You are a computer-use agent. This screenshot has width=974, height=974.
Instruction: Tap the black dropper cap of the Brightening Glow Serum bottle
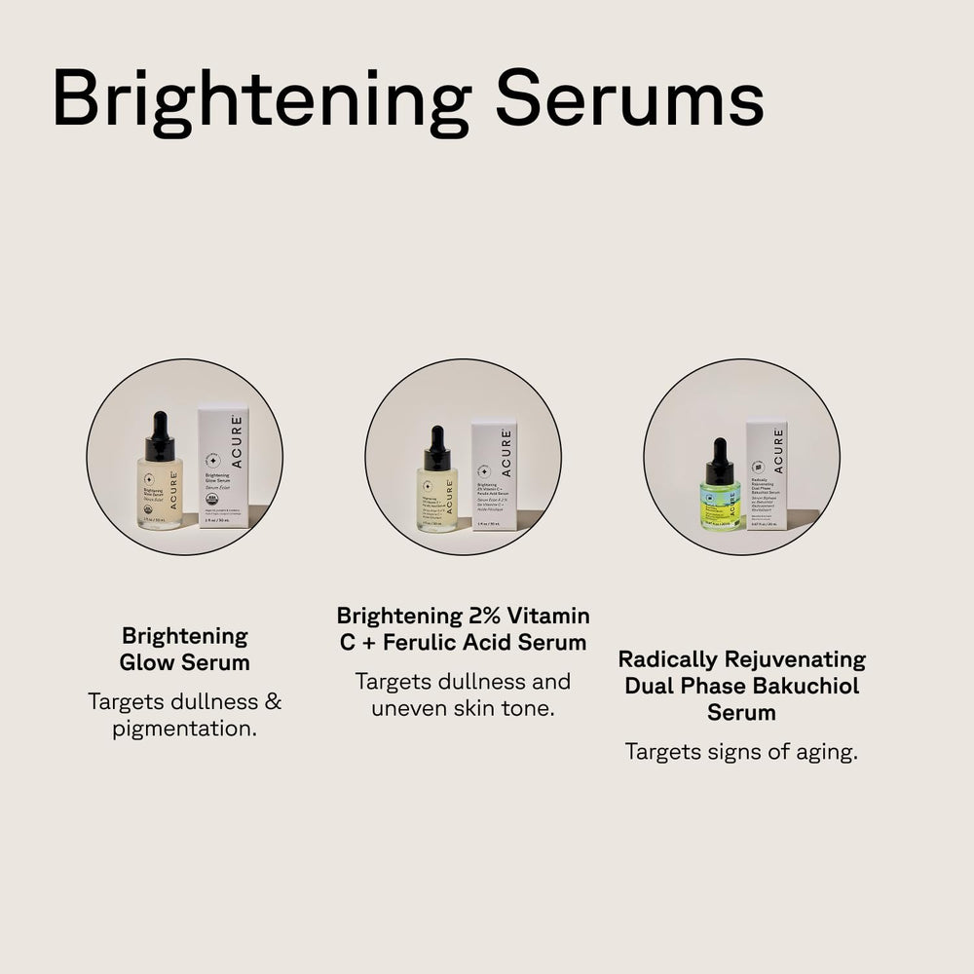coord(160,438)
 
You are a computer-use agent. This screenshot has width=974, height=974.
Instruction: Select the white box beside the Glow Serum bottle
coord(223,468)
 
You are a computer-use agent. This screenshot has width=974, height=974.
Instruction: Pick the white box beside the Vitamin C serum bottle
coord(494,475)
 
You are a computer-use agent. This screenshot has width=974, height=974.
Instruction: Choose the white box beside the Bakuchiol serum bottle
coord(767,474)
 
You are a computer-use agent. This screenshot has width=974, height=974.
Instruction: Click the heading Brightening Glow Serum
coord(185,650)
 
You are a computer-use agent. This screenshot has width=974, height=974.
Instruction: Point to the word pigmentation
coord(185,729)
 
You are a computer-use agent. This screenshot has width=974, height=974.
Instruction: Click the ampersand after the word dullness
coord(273,701)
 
